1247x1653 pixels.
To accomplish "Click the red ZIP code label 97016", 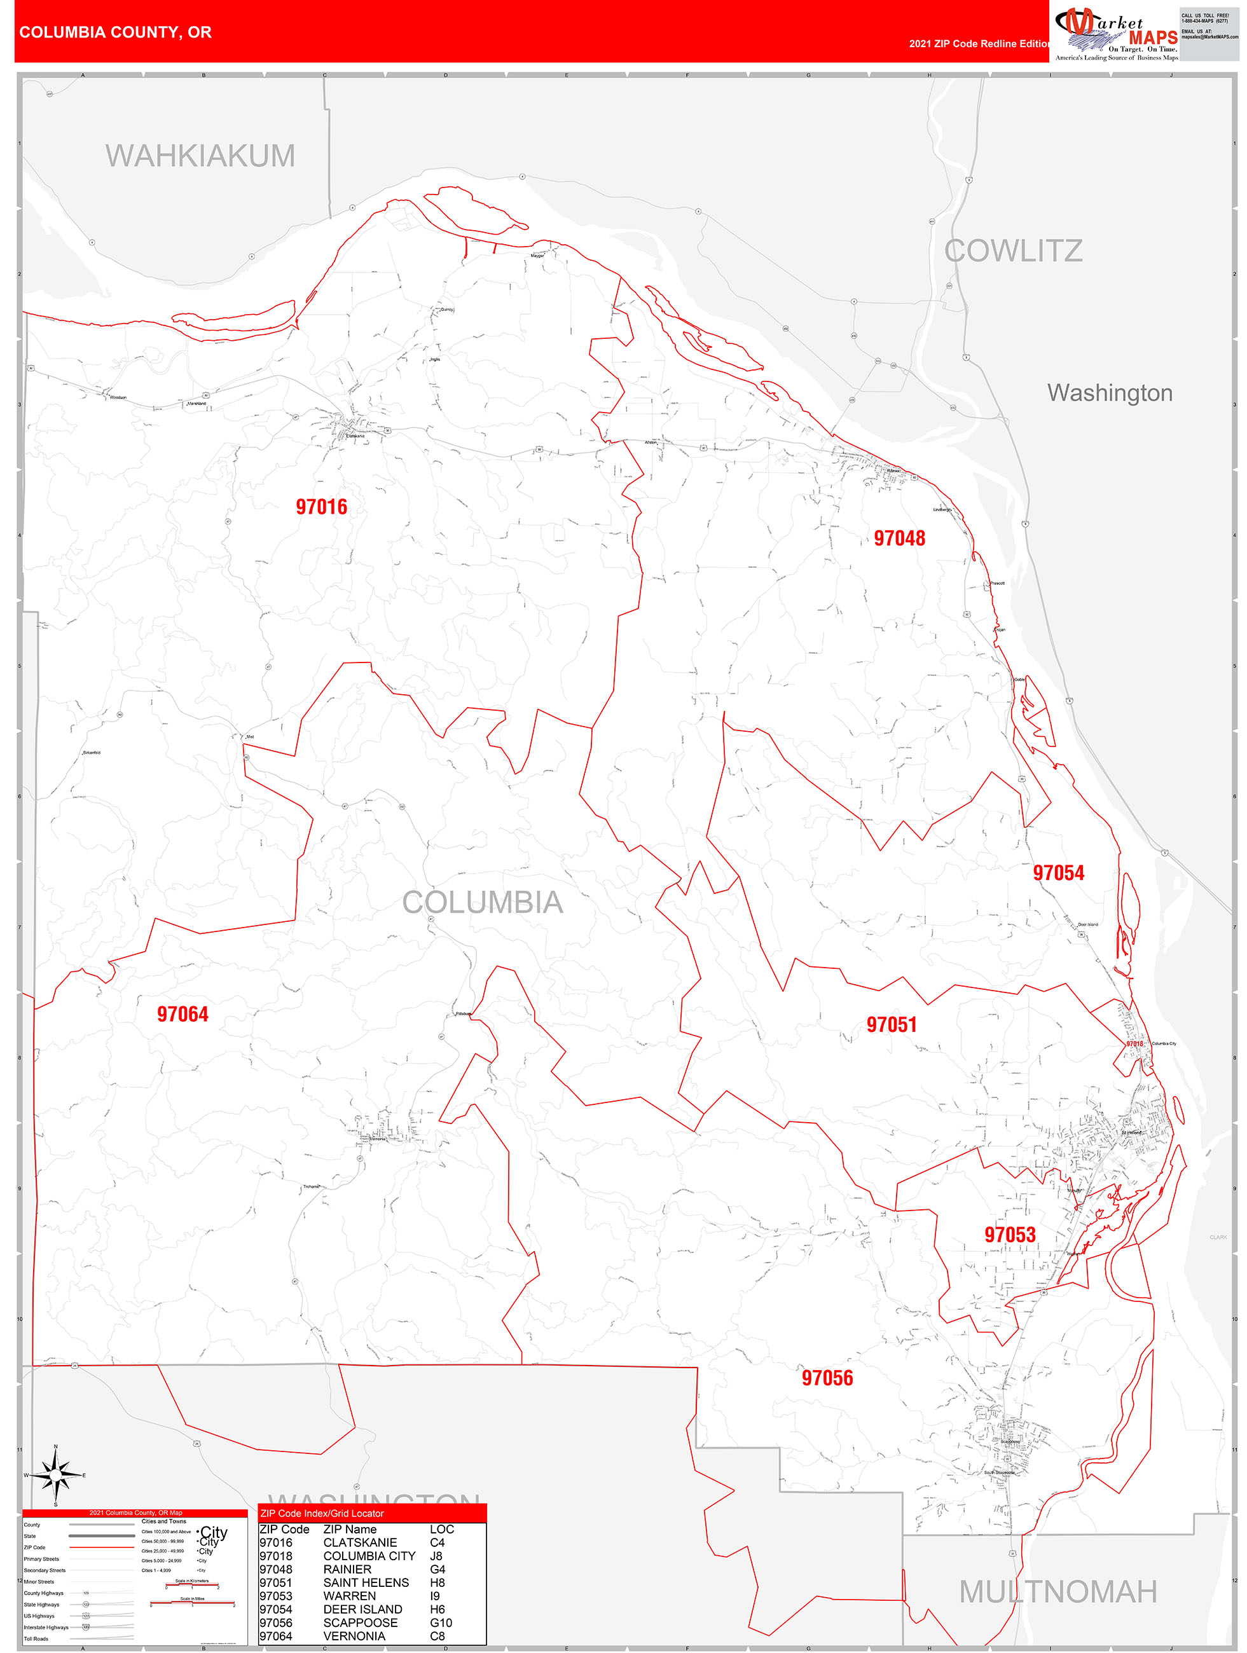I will coord(322,507).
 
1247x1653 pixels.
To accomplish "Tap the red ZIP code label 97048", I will coord(899,538).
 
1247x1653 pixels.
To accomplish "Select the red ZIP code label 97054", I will coord(1058,873).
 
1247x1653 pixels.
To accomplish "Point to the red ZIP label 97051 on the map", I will coord(891,1024).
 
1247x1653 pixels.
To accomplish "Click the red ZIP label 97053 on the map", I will coord(1009,1235).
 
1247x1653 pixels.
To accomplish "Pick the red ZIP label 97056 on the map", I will coord(827,1378).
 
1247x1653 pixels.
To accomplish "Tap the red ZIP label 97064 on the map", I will coord(183,1014).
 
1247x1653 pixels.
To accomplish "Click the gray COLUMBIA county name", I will coord(482,903).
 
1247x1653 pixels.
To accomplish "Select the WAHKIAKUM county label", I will coord(200,155).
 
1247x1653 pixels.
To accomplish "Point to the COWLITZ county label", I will coord(1013,251).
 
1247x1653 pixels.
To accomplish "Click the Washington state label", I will coord(1110,393).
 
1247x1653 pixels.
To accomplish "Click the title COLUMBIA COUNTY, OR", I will coord(115,32).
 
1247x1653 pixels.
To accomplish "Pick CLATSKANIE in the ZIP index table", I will coord(359,1542).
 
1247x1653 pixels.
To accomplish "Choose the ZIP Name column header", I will coord(350,1529).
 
